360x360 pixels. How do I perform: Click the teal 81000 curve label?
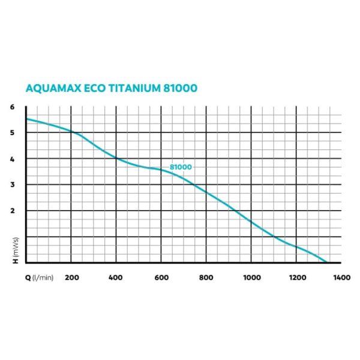(x=181, y=167)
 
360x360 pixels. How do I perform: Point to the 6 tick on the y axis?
(x=12, y=107)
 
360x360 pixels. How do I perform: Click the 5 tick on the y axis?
(x=12, y=133)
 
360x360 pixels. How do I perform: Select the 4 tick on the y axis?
(x=12, y=159)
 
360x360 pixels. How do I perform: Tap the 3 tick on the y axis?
(x=12, y=185)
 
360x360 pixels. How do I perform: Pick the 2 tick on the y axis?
(x=12, y=211)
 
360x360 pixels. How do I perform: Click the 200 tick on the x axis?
(x=71, y=278)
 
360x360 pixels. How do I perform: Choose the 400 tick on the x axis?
(x=116, y=278)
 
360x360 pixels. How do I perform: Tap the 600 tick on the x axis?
(x=161, y=278)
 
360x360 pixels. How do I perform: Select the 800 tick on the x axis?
(x=206, y=278)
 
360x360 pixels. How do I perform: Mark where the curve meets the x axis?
(x=327, y=262)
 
